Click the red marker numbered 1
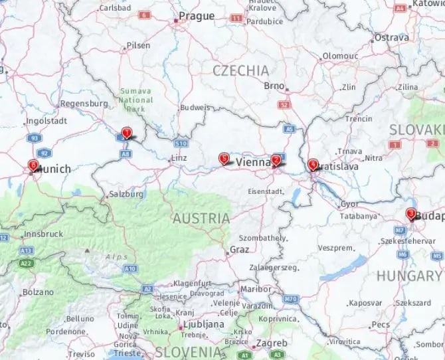(126, 133)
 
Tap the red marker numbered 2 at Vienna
(275, 160)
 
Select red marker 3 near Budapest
(411, 214)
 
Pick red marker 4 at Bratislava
(312, 163)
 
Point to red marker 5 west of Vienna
(224, 159)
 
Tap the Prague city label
(197, 16)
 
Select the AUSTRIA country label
(201, 218)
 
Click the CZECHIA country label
(240, 70)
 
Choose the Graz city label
(238, 250)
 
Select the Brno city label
(274, 86)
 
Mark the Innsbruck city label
(43, 234)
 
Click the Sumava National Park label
(136, 100)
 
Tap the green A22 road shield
(26, 264)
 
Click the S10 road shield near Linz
(181, 143)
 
